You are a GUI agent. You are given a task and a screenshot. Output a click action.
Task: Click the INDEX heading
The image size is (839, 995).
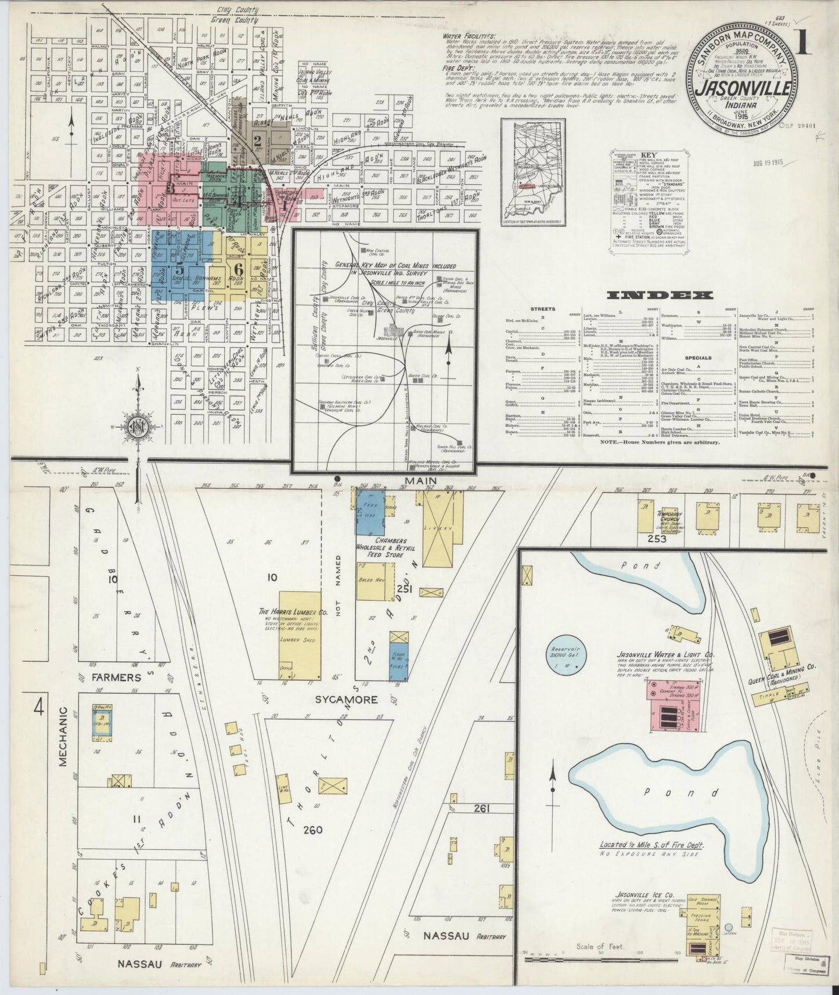pyautogui.click(x=659, y=295)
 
